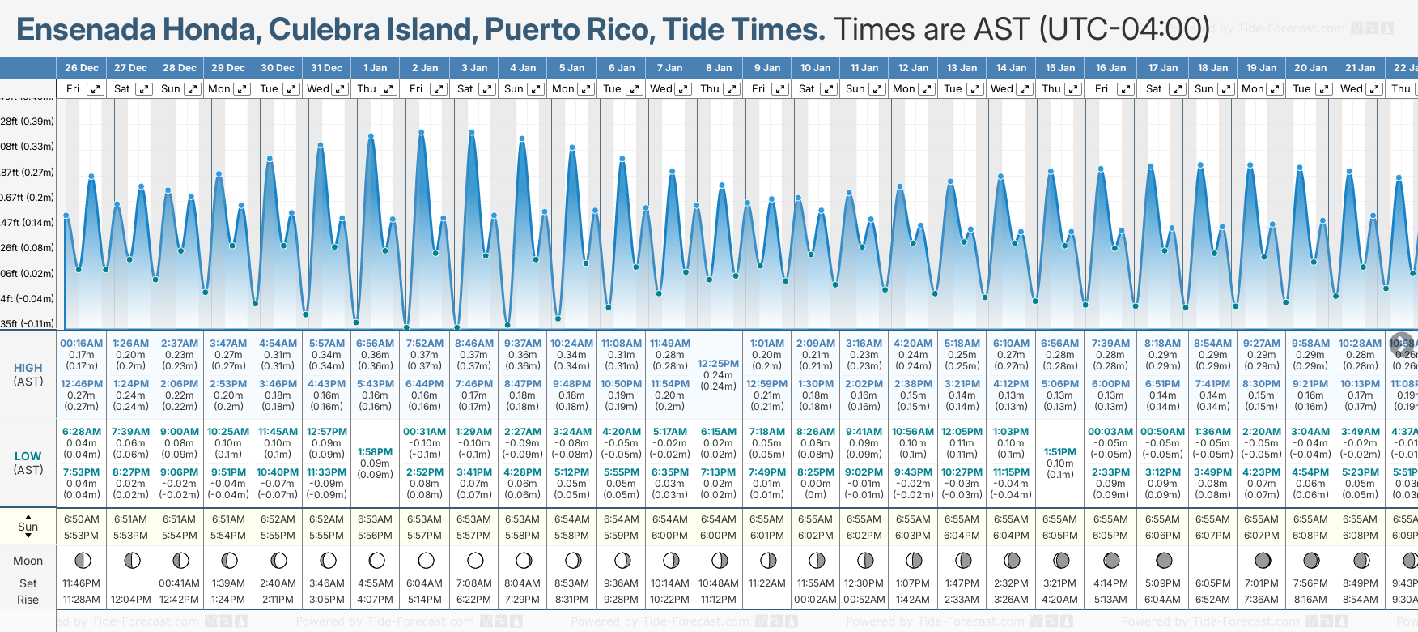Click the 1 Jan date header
click(375, 68)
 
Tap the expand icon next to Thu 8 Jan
click(732, 89)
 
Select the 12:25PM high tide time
click(719, 364)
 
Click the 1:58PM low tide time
click(375, 452)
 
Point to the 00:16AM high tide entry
click(82, 344)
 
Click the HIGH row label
click(28, 368)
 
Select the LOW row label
click(28, 456)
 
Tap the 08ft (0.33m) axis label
click(28, 147)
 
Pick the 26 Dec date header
click(82, 68)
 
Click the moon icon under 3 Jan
click(475, 560)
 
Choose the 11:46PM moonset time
click(82, 583)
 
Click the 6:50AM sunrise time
click(82, 519)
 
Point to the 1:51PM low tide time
click(1060, 452)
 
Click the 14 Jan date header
click(1012, 68)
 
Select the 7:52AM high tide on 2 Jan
click(425, 344)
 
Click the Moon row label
click(28, 561)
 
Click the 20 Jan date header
click(1310, 68)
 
